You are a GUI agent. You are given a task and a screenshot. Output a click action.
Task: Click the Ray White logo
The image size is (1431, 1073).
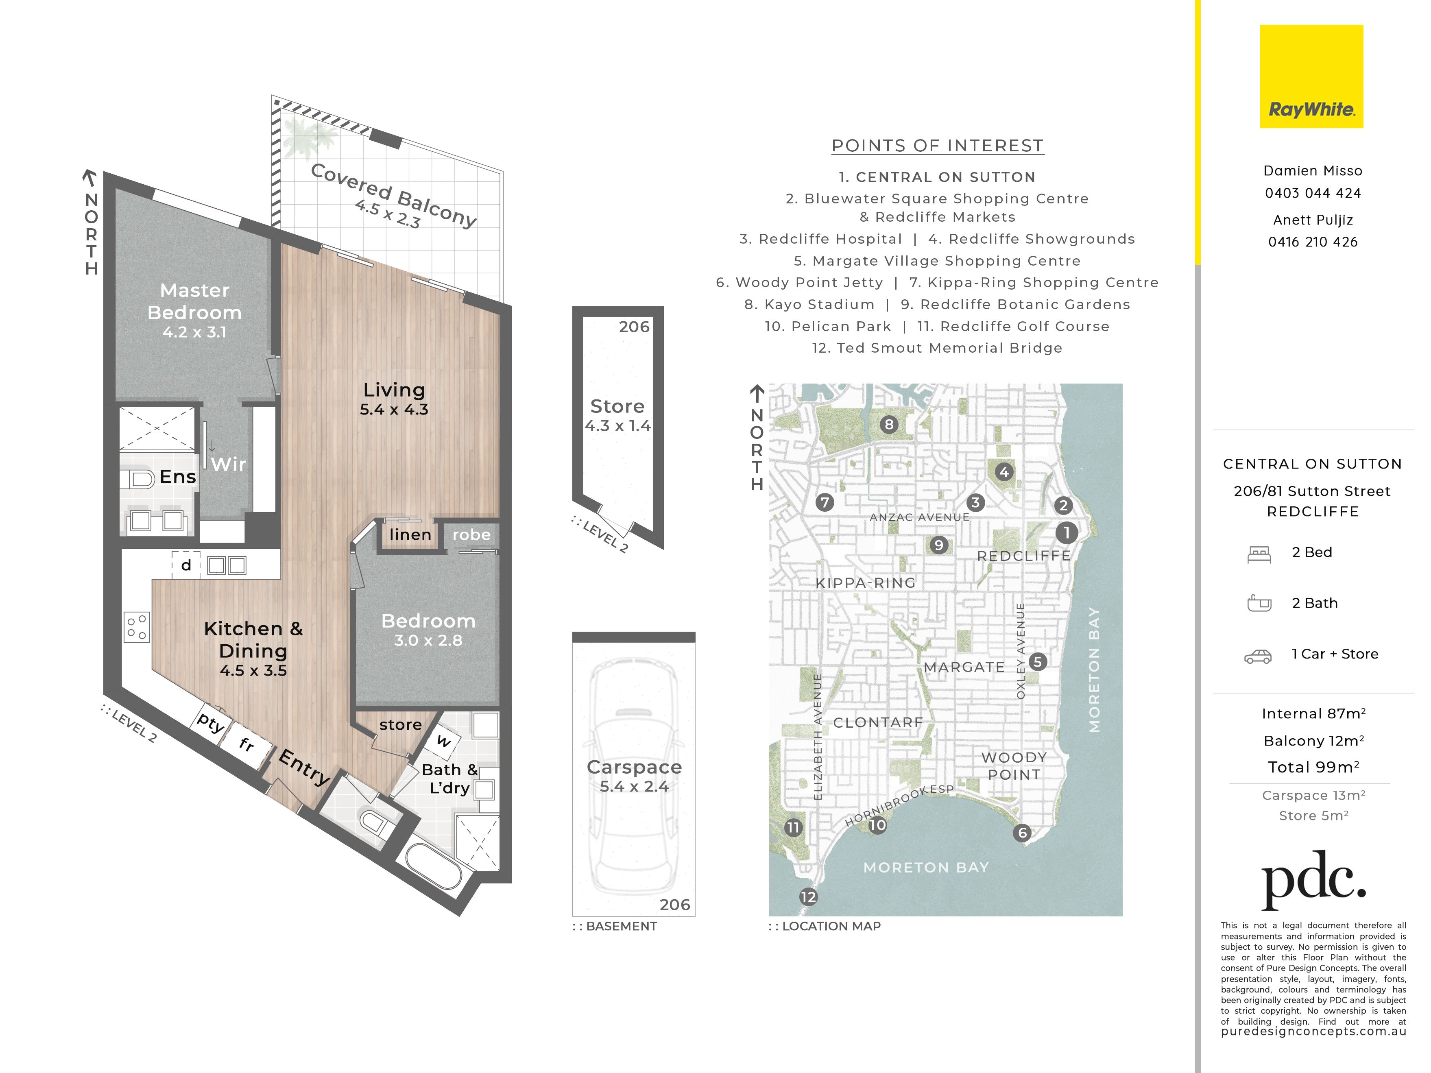tap(1311, 76)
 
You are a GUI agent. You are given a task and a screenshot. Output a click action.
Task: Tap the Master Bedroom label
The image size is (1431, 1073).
tap(194, 301)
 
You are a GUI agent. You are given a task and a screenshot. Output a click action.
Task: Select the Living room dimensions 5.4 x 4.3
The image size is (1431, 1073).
tap(394, 410)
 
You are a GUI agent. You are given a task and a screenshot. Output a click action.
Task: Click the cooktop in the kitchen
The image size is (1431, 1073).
tap(137, 626)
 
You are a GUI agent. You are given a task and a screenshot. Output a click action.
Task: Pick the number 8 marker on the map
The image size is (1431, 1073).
tap(889, 424)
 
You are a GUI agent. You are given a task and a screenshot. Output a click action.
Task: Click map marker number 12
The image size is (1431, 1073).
tap(808, 897)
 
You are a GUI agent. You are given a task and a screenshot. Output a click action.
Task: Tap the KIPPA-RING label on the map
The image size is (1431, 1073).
tap(866, 583)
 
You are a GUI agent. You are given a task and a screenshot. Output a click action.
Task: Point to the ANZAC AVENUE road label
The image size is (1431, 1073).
tap(919, 517)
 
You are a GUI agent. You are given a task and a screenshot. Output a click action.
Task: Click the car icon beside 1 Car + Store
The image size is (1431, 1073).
tap(1258, 656)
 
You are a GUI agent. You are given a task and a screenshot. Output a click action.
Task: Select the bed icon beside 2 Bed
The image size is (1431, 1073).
tap(1259, 554)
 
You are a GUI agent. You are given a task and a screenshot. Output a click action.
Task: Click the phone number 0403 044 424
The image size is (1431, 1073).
tap(1313, 193)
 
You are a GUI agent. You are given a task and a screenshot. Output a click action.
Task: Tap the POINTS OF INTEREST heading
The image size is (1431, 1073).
tap(938, 146)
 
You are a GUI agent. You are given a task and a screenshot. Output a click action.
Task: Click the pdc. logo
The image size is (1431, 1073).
tap(1313, 880)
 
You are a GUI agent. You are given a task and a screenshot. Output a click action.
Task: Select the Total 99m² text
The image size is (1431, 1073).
tap(1313, 767)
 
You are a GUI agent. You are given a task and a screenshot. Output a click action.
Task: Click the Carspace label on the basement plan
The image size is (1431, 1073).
tap(634, 767)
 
